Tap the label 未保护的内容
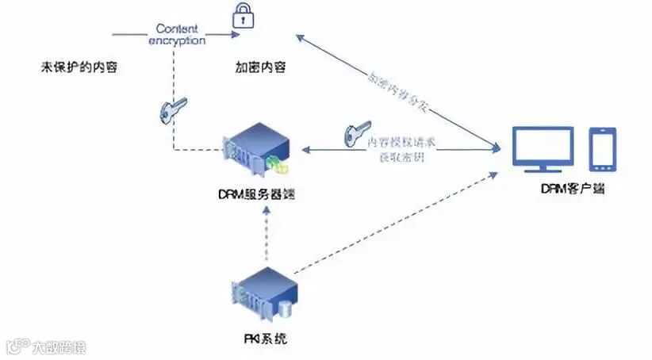79,67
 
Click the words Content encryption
176,33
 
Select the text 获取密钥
401,156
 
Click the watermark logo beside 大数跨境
17,347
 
